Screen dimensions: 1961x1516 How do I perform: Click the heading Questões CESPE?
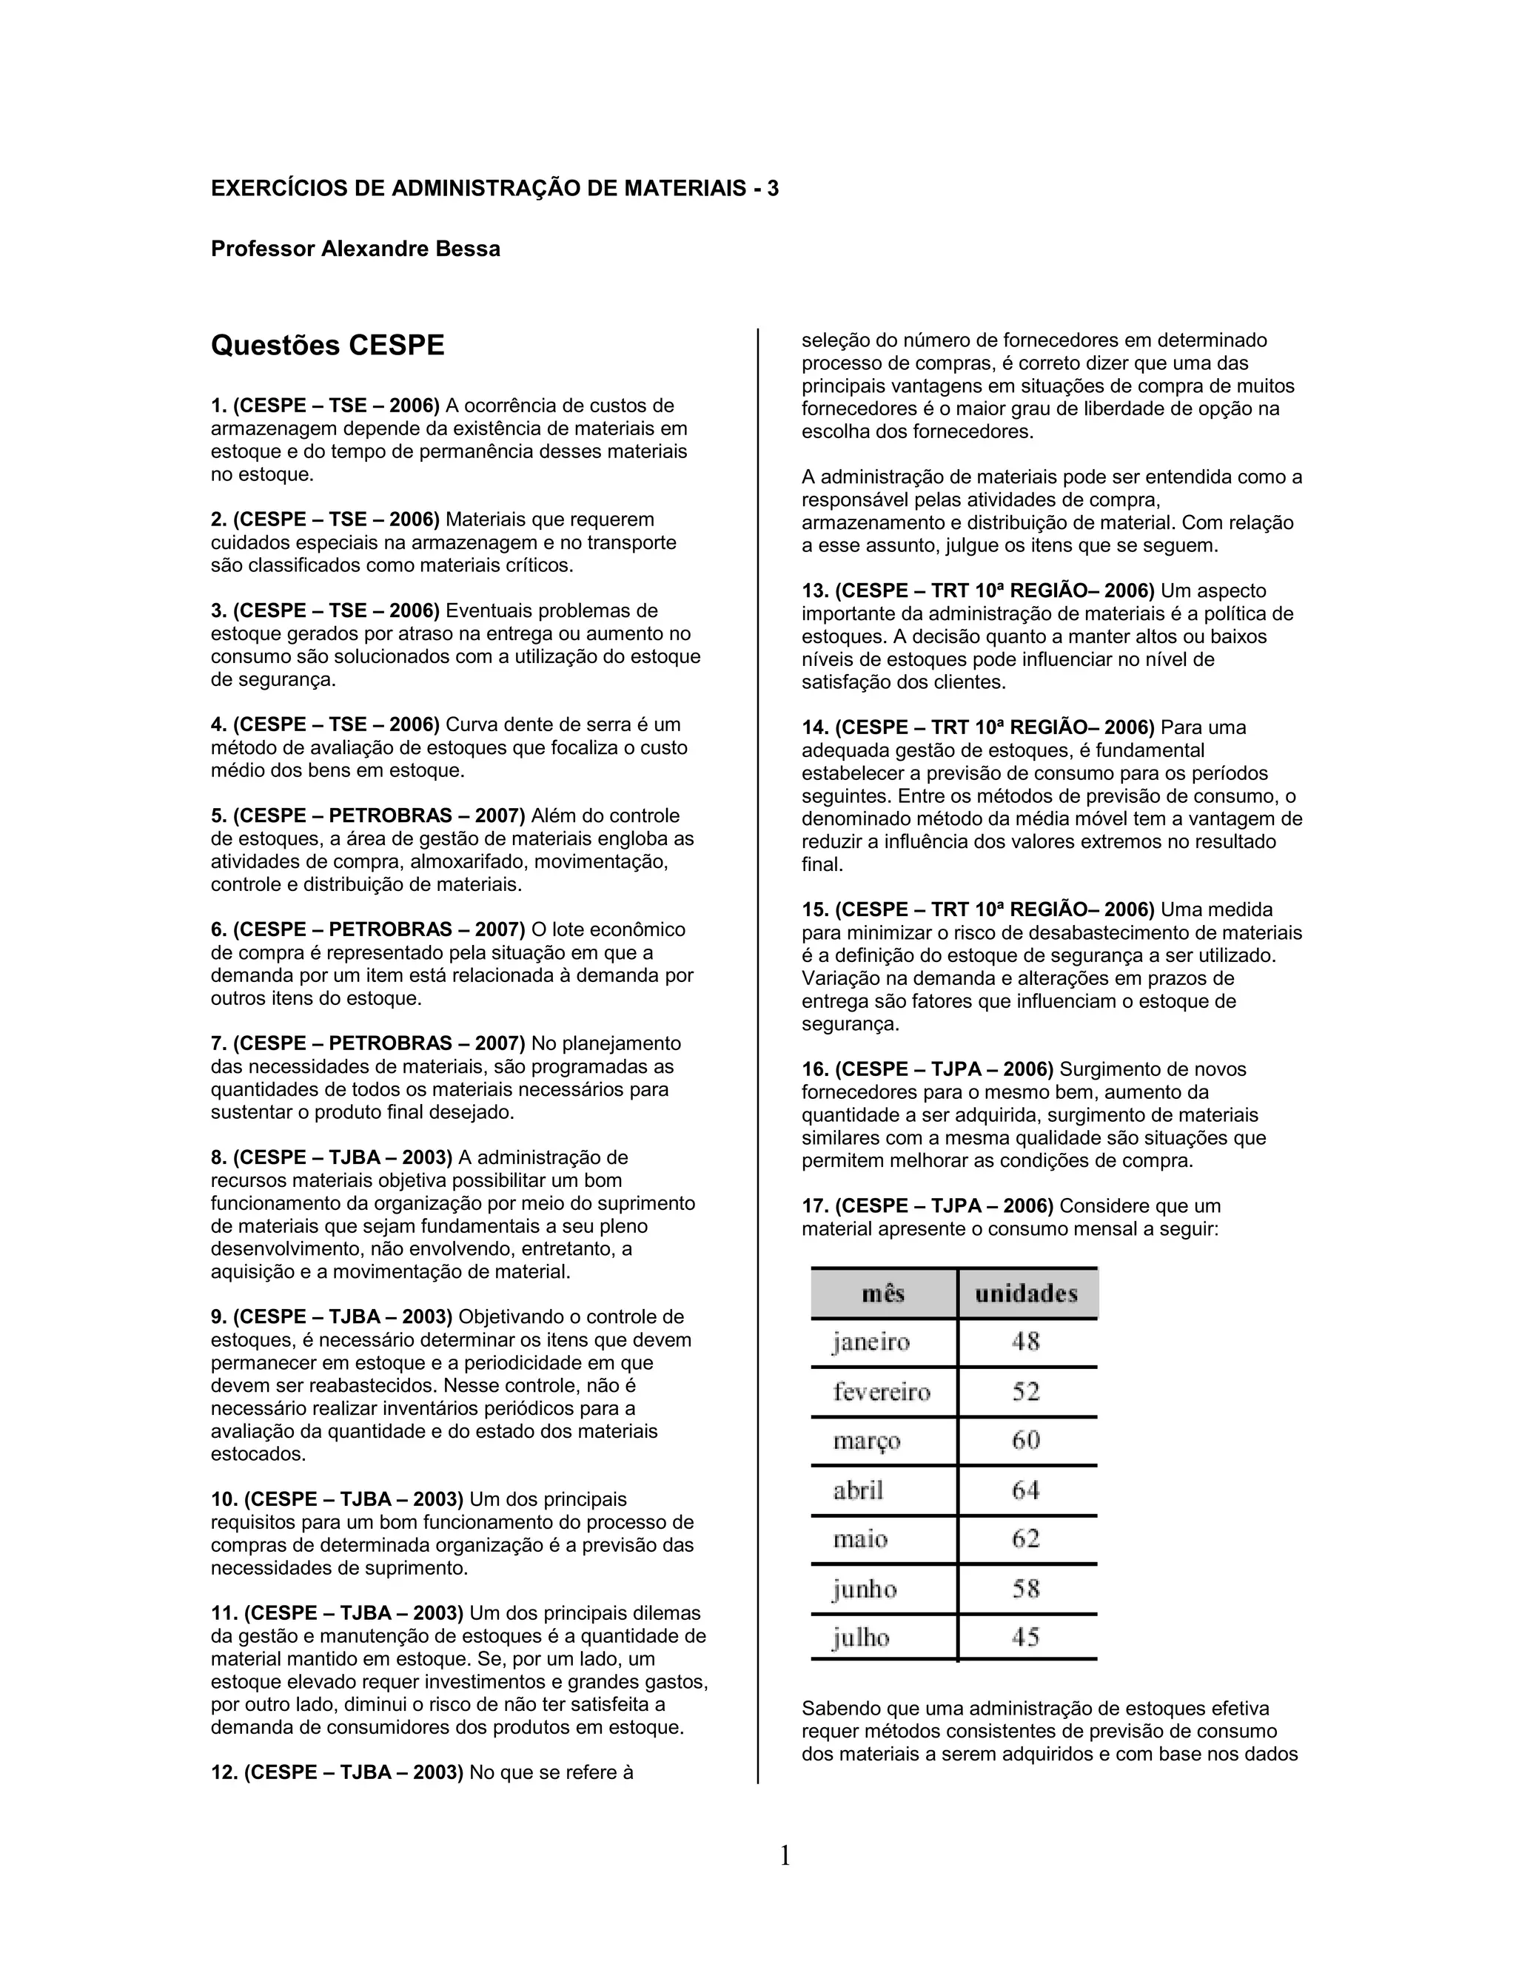point(327,346)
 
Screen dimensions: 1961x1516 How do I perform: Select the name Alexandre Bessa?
point(410,249)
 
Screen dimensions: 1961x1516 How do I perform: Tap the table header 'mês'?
point(883,1294)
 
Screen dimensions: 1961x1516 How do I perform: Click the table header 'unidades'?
point(1026,1294)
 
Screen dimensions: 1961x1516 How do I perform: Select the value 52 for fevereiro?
point(1026,1392)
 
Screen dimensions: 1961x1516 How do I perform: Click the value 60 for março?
point(1026,1440)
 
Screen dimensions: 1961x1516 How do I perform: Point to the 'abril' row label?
point(858,1490)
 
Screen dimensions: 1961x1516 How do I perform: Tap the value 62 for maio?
point(1026,1539)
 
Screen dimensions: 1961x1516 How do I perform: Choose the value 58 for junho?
point(1026,1588)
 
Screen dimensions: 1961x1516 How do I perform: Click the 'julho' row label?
point(860,1638)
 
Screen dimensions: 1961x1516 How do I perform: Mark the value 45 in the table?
point(1026,1637)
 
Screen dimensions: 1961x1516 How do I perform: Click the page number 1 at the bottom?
point(784,1855)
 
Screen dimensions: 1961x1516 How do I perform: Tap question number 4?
point(218,724)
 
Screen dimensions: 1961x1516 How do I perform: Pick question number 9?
point(218,1317)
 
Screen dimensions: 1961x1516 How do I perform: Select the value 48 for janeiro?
point(1026,1342)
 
